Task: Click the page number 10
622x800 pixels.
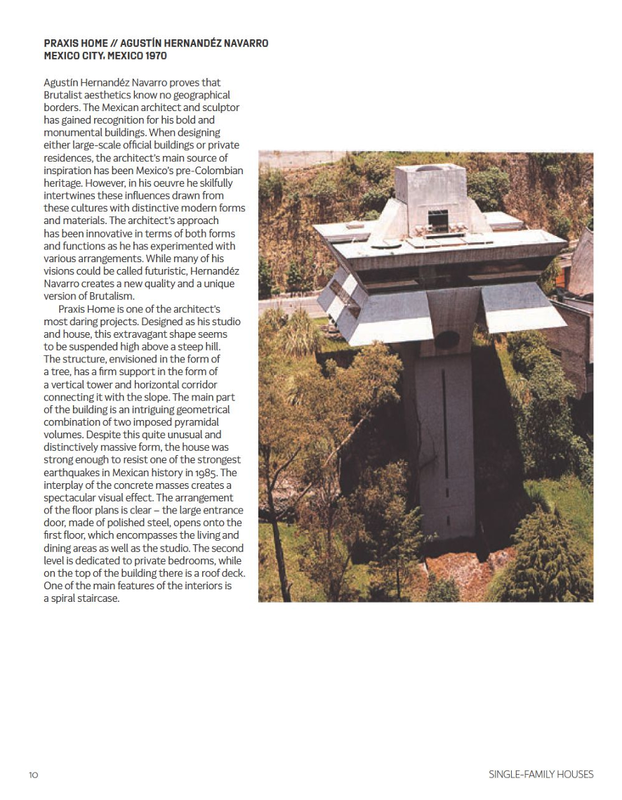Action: (34, 775)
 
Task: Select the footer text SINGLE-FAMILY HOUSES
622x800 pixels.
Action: (541, 774)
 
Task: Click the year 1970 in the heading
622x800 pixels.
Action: (153, 55)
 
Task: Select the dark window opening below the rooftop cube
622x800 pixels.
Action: (438, 220)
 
